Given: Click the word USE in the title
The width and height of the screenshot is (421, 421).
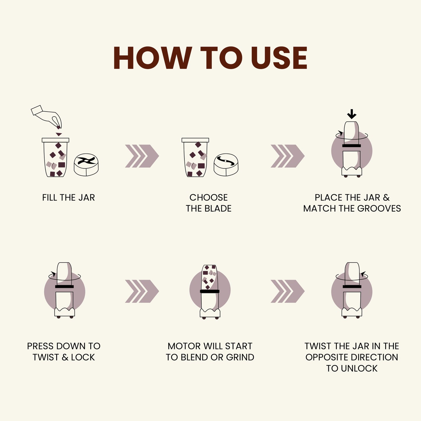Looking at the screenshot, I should tap(279, 58).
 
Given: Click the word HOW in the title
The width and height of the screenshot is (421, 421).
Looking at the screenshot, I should tap(152, 58).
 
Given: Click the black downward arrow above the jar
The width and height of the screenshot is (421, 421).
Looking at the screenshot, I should tap(352, 114).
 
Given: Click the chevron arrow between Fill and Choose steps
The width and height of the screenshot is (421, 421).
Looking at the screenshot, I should tap(142, 156).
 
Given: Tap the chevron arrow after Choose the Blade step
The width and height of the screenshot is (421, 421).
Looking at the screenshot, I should tap(288, 156).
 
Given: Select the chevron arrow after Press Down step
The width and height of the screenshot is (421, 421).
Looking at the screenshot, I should tap(142, 291).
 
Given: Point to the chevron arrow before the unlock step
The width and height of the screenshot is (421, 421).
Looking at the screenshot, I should tap(288, 291).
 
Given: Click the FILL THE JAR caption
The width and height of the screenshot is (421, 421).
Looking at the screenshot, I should tap(68, 198).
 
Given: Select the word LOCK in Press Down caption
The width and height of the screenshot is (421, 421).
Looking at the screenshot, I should tap(83, 357).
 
